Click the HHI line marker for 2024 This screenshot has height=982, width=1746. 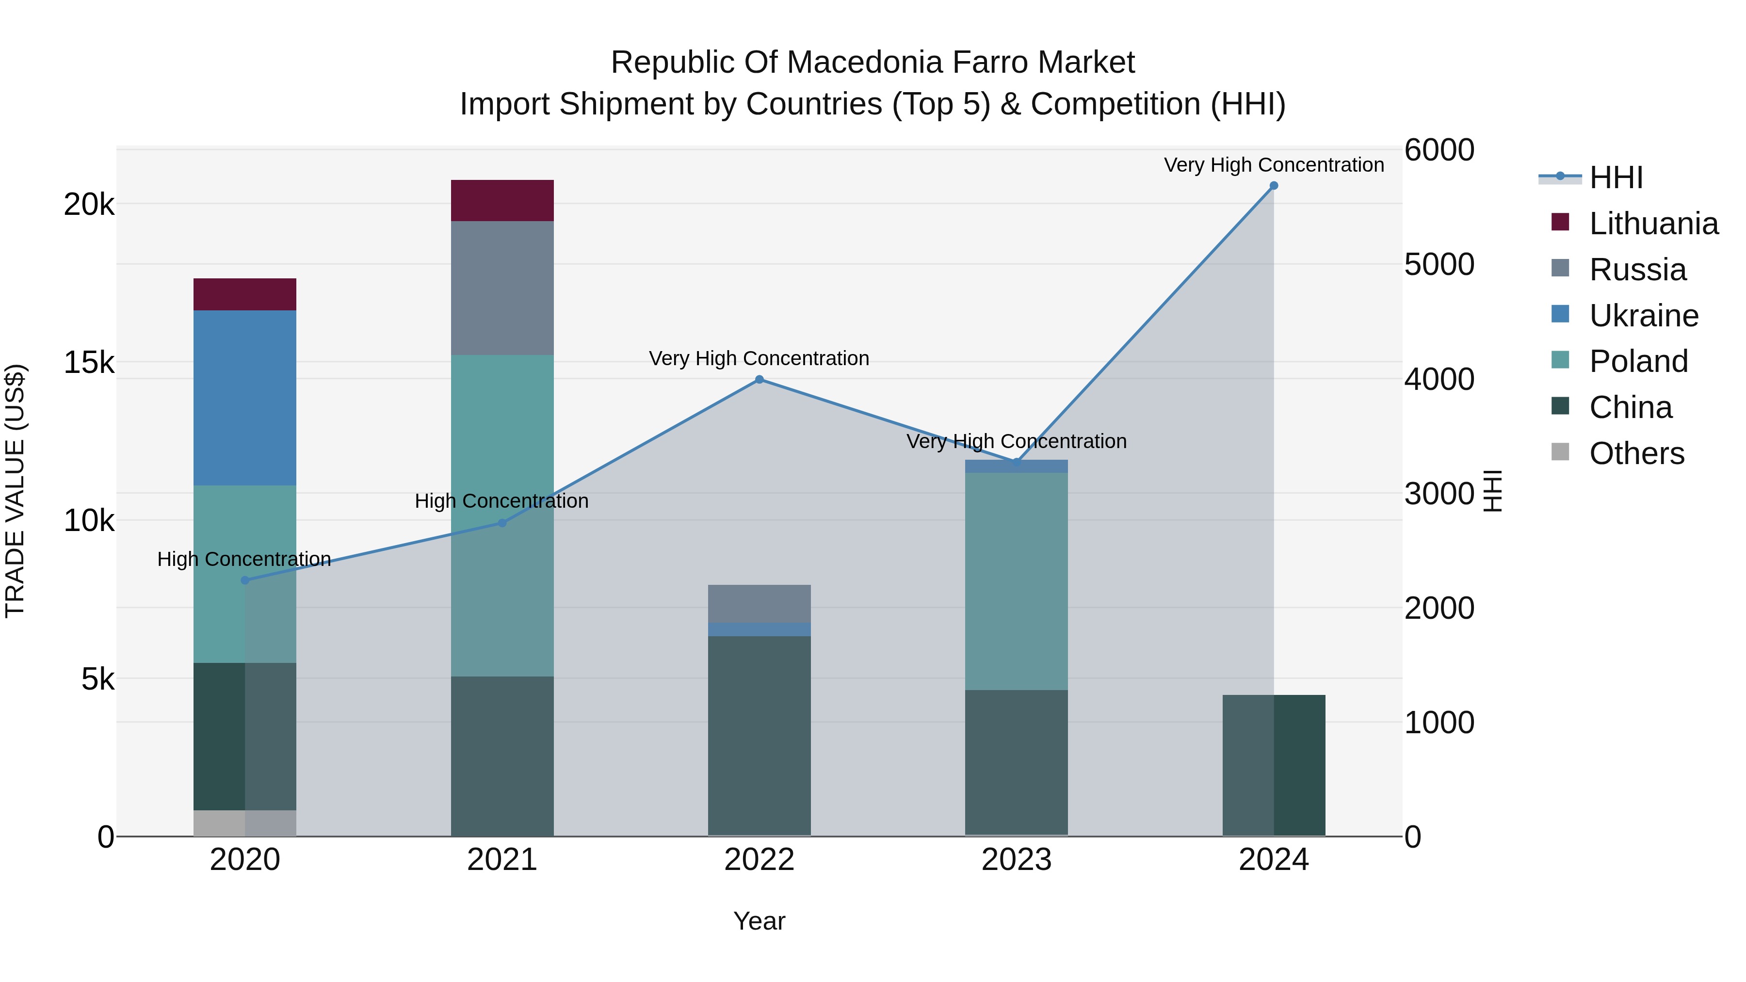click(x=1274, y=186)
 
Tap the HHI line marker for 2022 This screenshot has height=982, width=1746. click(x=759, y=380)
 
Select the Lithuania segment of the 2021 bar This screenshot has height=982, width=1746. click(x=502, y=201)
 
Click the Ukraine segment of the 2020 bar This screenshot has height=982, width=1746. click(x=245, y=398)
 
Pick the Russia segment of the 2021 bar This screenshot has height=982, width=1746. click(x=502, y=288)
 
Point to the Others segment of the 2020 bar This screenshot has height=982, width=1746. click(x=245, y=823)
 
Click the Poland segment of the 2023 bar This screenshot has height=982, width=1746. click(x=1016, y=581)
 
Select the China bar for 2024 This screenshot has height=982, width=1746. click(x=1274, y=765)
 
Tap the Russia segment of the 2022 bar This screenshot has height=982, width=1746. click(x=759, y=603)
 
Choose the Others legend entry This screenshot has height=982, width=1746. click(x=1636, y=453)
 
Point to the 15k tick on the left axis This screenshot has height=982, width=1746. click(x=89, y=363)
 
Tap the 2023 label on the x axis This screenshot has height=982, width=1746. click(x=1016, y=860)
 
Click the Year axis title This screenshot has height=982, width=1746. click(x=759, y=921)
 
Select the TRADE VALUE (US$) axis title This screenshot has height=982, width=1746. click(x=15, y=491)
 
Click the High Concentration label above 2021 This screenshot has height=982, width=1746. click(x=501, y=501)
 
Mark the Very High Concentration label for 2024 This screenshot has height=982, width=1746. click(x=1274, y=165)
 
